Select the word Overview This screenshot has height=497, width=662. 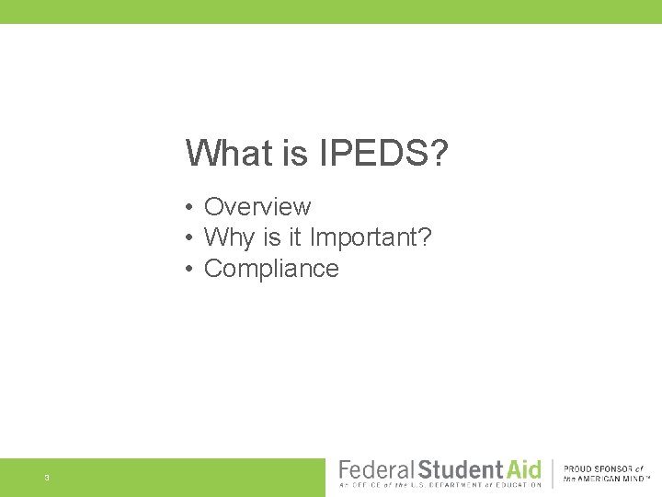[x=257, y=207]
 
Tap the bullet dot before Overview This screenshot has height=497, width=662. [x=187, y=208]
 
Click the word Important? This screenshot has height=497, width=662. [x=371, y=238]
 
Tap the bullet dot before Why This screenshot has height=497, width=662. [x=187, y=239]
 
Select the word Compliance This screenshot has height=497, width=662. [x=271, y=269]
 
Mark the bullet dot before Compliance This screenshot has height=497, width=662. [x=187, y=270]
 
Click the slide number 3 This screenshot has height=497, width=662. [x=46, y=478]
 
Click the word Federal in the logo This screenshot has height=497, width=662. [x=376, y=468]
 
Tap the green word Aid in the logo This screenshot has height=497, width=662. [x=520, y=468]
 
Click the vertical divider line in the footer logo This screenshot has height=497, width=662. [x=553, y=473]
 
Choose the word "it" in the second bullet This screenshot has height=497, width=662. [x=293, y=238]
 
